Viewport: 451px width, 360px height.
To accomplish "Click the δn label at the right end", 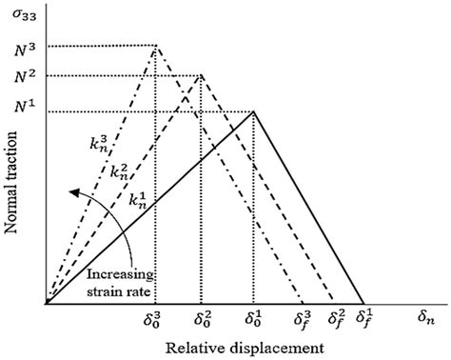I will (x=427, y=314).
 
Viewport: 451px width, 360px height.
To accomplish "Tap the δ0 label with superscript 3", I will (x=155, y=315).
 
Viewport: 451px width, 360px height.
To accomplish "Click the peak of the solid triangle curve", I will (x=253, y=111).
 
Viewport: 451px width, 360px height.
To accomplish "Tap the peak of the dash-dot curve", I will (x=155, y=47).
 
